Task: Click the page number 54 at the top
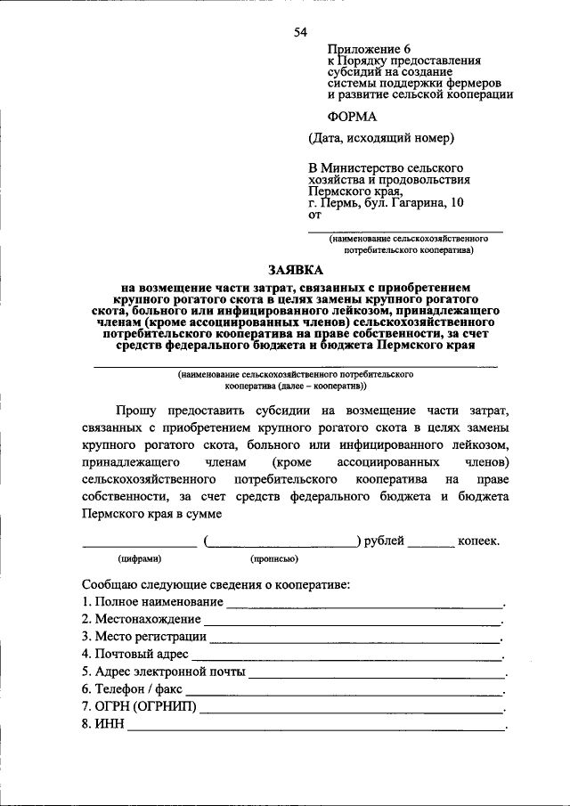300,33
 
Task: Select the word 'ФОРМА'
353,116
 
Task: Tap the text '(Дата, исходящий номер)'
382,138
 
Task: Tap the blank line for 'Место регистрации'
355,637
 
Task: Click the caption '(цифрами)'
140,559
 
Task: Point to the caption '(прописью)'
274,559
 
